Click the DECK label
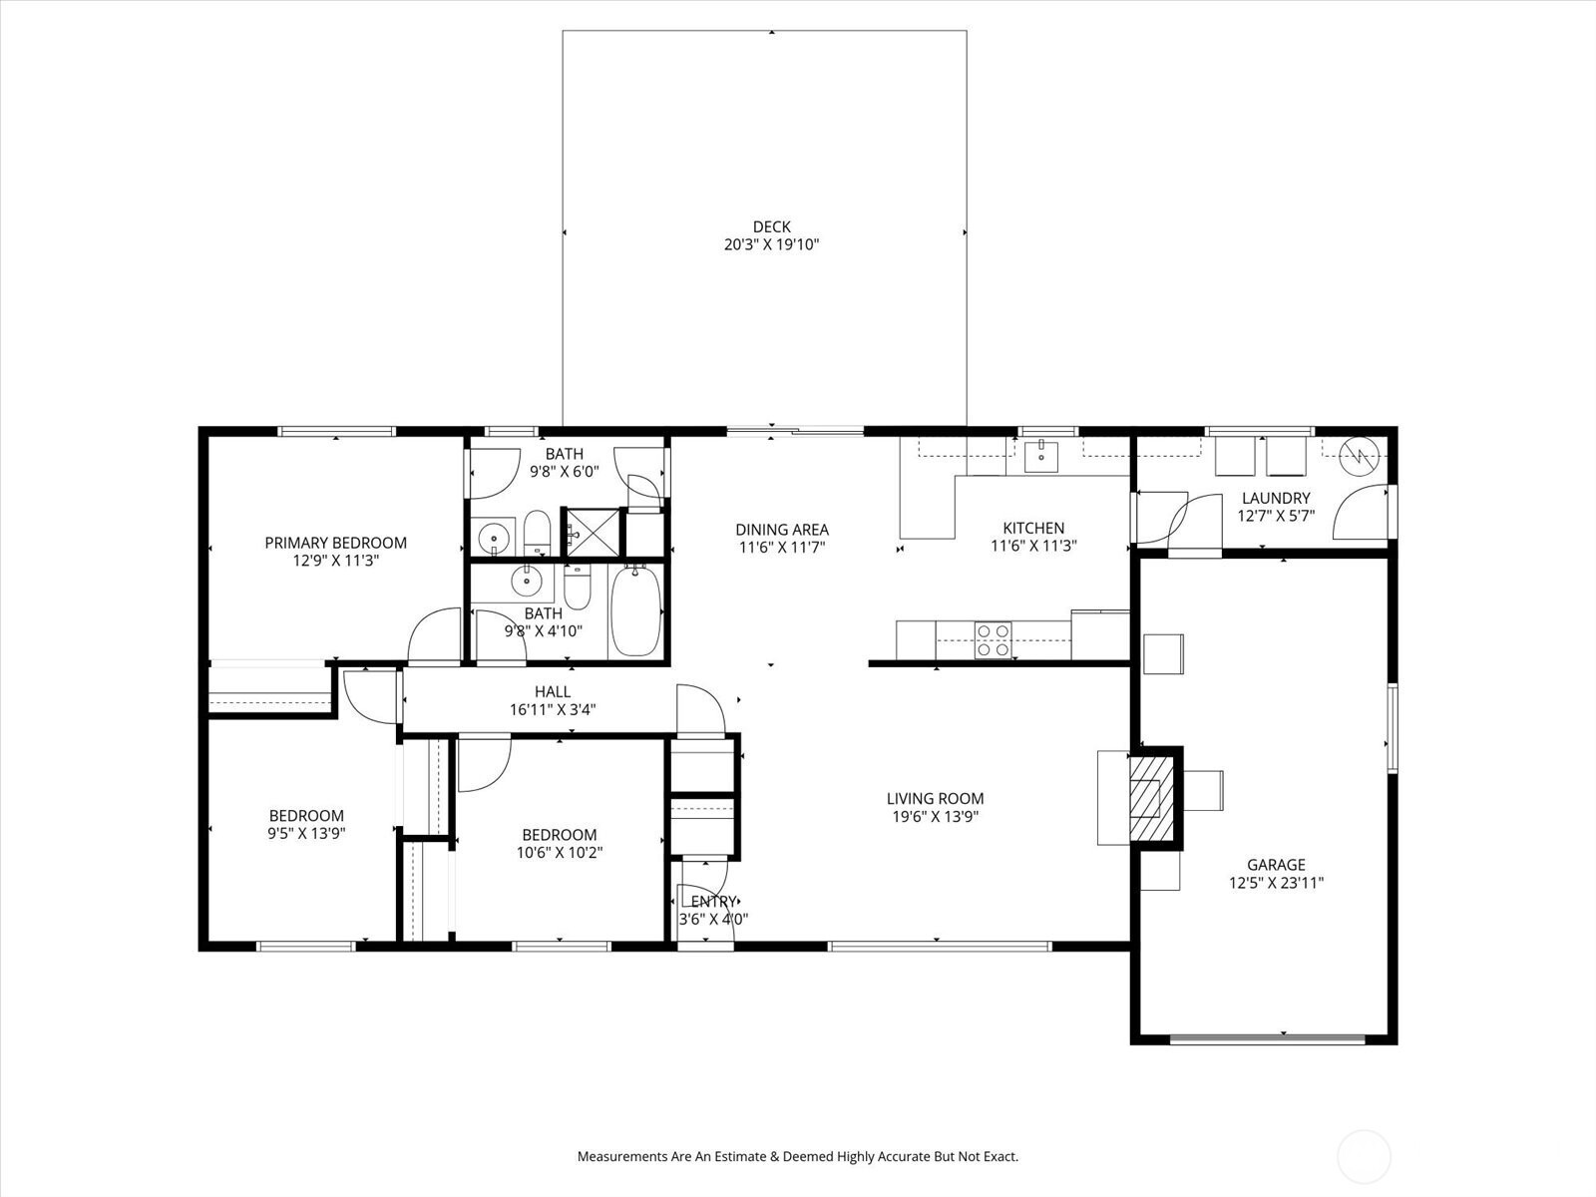pyautogui.click(x=771, y=226)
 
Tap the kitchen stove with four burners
pyautogui.click(x=993, y=640)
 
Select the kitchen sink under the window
pyautogui.click(x=1040, y=456)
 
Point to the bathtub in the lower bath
pyautogui.click(x=635, y=610)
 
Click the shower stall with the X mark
pyautogui.click(x=593, y=533)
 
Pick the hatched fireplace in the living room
pyautogui.click(x=1152, y=798)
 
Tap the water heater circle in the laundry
pyautogui.click(x=1359, y=457)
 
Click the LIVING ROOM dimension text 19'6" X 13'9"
pyautogui.click(x=935, y=816)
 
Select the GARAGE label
pyautogui.click(x=1276, y=865)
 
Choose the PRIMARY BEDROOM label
pyautogui.click(x=335, y=543)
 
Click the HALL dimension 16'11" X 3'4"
pyautogui.click(x=553, y=709)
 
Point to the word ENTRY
pyautogui.click(x=712, y=902)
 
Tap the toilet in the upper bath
pyautogui.click(x=538, y=532)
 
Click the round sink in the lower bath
pyautogui.click(x=524, y=581)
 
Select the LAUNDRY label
pyautogui.click(x=1276, y=499)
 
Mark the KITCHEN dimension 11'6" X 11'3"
pyautogui.click(x=1033, y=546)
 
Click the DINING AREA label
pyautogui.click(x=782, y=530)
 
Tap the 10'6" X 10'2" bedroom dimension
pyautogui.click(x=560, y=853)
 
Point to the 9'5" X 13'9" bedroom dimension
pyautogui.click(x=306, y=834)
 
